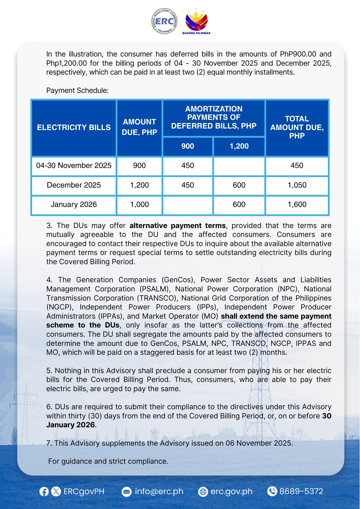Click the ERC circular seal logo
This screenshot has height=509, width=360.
[164, 21]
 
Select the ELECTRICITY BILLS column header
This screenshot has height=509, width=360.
[74, 128]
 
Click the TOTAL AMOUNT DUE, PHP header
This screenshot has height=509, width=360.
[297, 127]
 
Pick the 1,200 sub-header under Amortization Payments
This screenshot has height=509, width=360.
[239, 146]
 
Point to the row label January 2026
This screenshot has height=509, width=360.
[74, 205]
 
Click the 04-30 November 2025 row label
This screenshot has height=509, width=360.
[74, 166]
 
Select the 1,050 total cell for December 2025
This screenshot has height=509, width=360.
[297, 185]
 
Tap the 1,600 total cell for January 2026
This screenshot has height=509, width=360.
[297, 205]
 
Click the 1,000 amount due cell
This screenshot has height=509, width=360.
[140, 205]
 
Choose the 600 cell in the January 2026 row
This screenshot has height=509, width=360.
[239, 205]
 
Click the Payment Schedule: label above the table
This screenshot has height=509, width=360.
[77, 91]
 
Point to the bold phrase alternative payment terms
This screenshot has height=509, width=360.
[177, 226]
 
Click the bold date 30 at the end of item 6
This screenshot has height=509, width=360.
[327, 416]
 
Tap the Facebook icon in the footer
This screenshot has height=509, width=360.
[44, 491]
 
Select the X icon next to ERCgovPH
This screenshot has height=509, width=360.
[56, 491]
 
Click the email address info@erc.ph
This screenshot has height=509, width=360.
[159, 491]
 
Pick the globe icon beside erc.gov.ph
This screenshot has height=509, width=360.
[203, 492]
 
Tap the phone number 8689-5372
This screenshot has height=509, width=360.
[301, 491]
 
